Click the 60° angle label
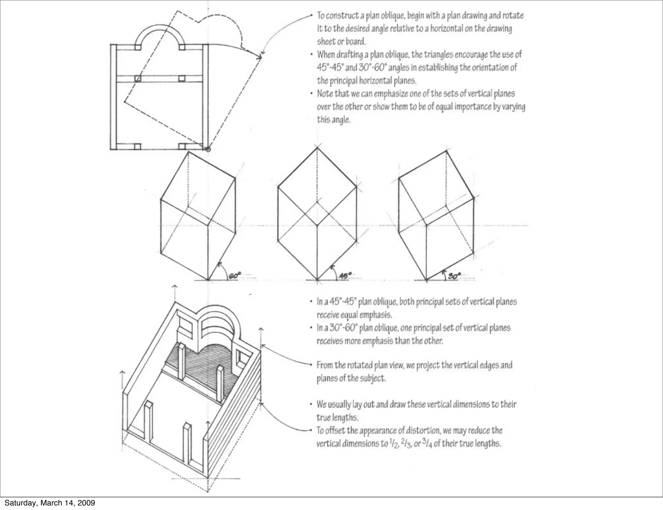(x=235, y=276)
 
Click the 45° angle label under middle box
(x=345, y=276)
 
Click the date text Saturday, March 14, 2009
(x=50, y=503)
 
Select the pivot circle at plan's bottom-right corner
(x=208, y=149)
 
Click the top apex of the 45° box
(x=317, y=148)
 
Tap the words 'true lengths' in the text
(x=337, y=417)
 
